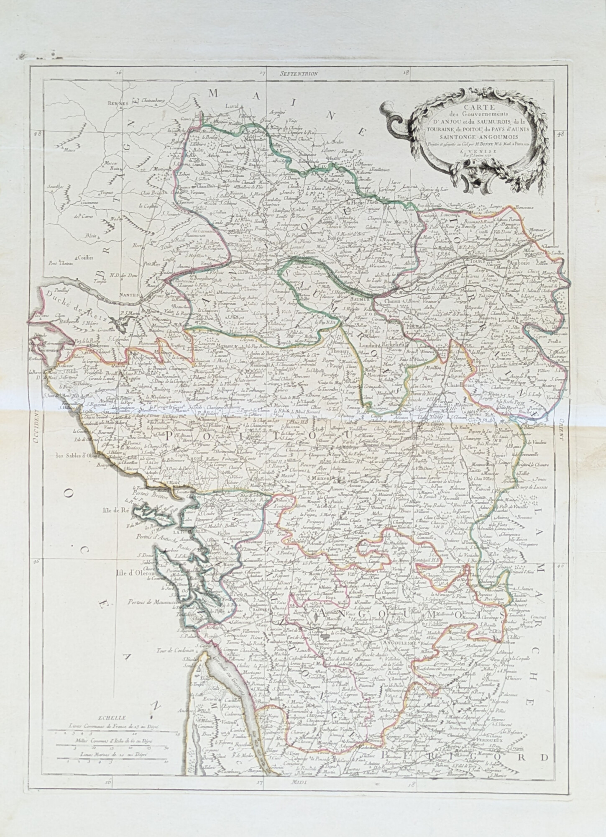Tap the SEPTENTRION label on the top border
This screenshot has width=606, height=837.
(299, 73)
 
